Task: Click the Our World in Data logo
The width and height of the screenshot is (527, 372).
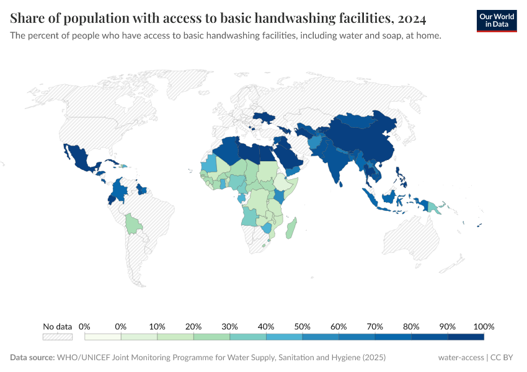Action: (x=496, y=20)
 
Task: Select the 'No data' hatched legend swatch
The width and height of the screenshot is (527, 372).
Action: (x=57, y=337)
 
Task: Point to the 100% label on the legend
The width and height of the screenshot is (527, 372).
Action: (x=484, y=326)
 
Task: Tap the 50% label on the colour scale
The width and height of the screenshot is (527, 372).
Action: (x=302, y=326)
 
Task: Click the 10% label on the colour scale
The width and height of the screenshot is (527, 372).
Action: (x=157, y=326)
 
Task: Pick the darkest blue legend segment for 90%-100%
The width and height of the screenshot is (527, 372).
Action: (x=466, y=337)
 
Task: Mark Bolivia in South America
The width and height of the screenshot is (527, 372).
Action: (x=132, y=223)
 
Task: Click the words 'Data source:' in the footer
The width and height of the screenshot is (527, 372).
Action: (x=32, y=358)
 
